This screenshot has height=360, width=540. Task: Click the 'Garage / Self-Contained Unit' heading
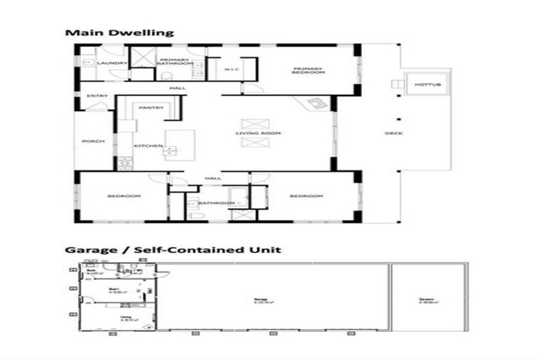(173, 250)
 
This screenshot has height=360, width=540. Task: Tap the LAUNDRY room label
(117, 63)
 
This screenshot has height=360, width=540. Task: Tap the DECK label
(394, 133)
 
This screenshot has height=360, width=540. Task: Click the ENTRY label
(97, 96)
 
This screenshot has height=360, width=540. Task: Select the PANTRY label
(151, 108)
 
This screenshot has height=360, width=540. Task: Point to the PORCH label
(94, 141)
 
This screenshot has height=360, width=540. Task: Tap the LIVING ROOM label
(258, 133)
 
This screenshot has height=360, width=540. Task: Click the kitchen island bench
(174, 145)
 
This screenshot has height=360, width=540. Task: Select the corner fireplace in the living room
(316, 104)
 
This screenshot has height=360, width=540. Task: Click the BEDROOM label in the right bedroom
(306, 195)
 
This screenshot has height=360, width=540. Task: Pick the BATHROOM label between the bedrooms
(216, 203)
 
